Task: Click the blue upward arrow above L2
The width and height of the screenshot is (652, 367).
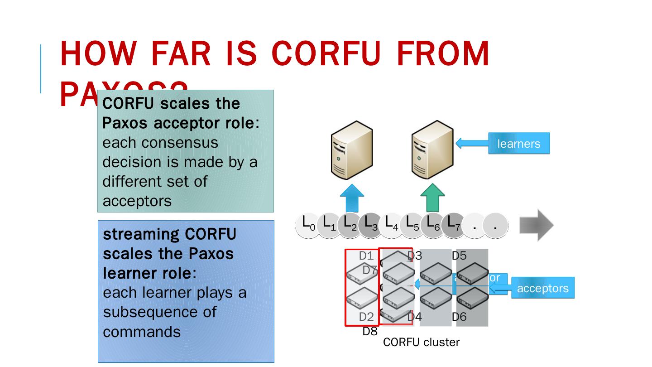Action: (x=352, y=198)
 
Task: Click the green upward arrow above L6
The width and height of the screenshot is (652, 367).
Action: (x=432, y=198)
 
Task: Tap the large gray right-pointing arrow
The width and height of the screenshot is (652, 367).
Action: (x=537, y=225)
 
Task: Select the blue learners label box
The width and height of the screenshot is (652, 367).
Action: (x=518, y=144)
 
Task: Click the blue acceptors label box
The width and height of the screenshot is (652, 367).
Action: (x=542, y=288)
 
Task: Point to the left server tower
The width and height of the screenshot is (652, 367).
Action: (x=352, y=150)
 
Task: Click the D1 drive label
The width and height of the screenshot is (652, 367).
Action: (x=366, y=256)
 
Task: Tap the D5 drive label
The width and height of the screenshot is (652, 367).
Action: (x=459, y=256)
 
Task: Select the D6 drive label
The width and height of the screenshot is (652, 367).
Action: (x=459, y=317)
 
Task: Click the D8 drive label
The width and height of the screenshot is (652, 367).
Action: (x=370, y=332)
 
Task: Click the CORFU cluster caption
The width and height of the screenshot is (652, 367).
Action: (x=421, y=343)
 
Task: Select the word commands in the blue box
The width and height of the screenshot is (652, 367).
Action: (x=142, y=332)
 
